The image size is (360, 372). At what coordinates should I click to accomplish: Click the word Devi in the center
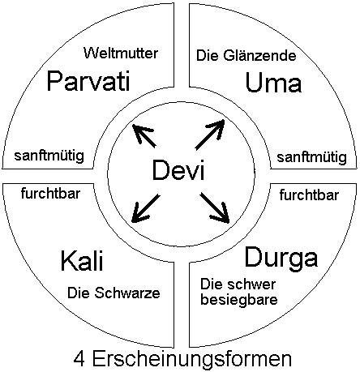point(178,170)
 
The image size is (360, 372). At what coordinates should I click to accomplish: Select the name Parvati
point(88,80)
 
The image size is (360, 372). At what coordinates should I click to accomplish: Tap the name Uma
point(273,83)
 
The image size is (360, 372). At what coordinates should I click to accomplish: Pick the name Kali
point(82,261)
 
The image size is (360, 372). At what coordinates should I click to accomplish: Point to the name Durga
point(281,258)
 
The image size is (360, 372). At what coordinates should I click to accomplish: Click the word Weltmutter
point(121,53)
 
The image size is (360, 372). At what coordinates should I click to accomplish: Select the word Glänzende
point(259,56)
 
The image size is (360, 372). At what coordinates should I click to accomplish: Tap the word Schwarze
point(127,293)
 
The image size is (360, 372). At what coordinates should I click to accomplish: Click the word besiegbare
point(239,300)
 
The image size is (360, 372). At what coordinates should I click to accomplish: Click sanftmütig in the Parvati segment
point(49,156)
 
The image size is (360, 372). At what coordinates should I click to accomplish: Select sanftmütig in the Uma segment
point(311,157)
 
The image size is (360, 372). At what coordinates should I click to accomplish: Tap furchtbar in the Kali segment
point(50,194)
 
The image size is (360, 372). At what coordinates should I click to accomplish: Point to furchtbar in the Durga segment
point(309,195)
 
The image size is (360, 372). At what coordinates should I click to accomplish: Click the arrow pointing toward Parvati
point(144,135)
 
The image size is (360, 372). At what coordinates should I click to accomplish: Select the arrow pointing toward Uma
point(210,135)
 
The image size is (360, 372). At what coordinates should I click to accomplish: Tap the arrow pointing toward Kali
point(145,209)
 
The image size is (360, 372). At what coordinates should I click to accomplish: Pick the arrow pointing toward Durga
point(215,208)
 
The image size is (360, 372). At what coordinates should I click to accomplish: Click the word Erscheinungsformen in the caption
point(192,359)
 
